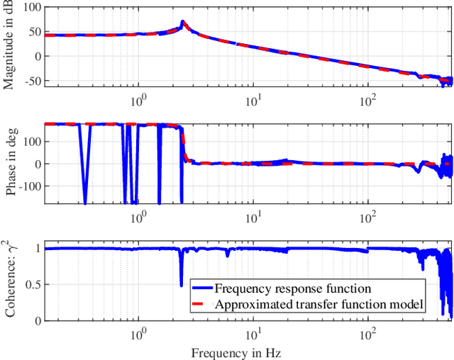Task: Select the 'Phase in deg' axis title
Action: pyautogui.click(x=10, y=163)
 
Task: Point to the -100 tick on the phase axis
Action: pyautogui.click(x=27, y=186)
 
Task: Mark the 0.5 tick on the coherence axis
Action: pyautogui.click(x=31, y=284)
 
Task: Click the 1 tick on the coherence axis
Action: pyautogui.click(x=35, y=249)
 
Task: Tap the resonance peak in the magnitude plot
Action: pyautogui.click(x=182, y=22)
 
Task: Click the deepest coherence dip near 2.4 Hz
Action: pyautogui.click(x=182, y=285)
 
